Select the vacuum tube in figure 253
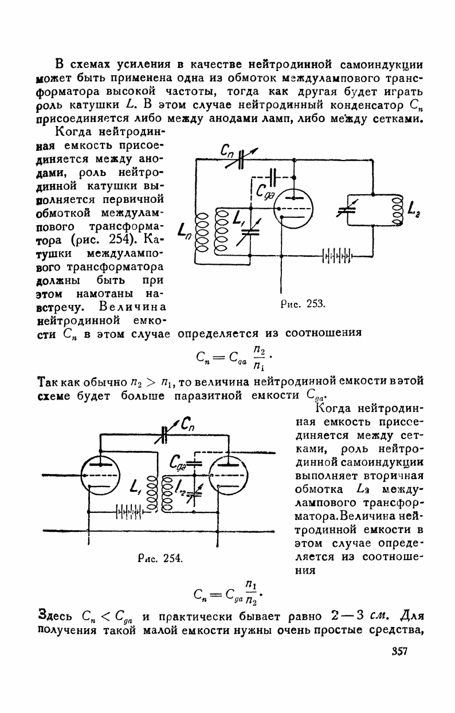tap(293, 209)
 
